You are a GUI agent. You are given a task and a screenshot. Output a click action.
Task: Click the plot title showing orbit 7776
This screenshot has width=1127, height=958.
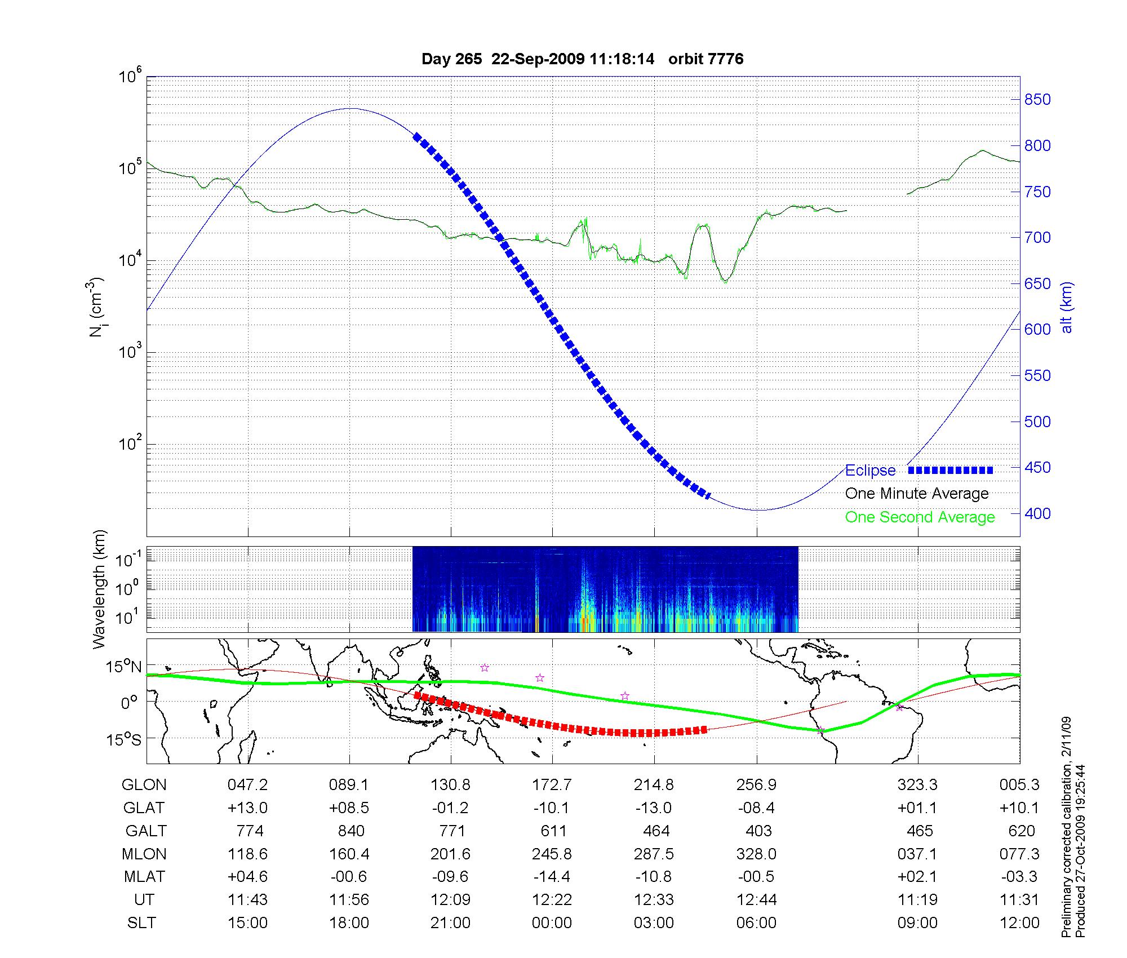(x=582, y=59)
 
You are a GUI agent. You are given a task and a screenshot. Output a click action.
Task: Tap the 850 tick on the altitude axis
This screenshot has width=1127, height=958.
(x=1037, y=100)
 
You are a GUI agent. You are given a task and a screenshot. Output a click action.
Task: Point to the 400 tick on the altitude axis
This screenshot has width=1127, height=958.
(x=1037, y=513)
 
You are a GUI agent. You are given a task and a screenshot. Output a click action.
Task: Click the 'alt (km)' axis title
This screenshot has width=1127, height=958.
(x=1067, y=307)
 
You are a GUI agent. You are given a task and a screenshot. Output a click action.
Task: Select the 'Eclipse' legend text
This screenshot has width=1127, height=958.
(x=870, y=471)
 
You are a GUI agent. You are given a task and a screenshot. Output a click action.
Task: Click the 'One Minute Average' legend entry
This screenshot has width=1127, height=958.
(x=917, y=494)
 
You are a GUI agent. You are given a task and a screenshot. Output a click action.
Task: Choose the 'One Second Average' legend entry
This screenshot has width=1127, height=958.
(x=920, y=517)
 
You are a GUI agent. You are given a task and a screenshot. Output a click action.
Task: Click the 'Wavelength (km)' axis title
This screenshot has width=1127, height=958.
(x=99, y=589)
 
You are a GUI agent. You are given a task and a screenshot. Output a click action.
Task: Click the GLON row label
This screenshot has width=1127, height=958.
(x=144, y=784)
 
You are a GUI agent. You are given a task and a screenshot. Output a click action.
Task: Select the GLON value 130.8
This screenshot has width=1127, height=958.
(x=450, y=784)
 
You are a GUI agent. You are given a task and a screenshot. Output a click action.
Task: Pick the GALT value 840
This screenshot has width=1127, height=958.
(x=350, y=831)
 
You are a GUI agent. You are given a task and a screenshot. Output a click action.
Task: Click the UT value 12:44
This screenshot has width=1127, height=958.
(x=756, y=899)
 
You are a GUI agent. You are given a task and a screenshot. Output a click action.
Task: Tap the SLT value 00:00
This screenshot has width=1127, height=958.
(x=552, y=922)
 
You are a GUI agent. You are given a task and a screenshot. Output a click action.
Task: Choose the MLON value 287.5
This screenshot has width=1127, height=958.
(x=654, y=854)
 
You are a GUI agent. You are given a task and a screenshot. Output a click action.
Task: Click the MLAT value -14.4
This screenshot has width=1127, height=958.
(x=552, y=877)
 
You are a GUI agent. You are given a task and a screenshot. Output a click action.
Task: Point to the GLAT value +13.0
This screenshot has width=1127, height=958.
(x=247, y=808)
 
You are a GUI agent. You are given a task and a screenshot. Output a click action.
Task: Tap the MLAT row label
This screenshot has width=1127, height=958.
(x=144, y=877)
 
